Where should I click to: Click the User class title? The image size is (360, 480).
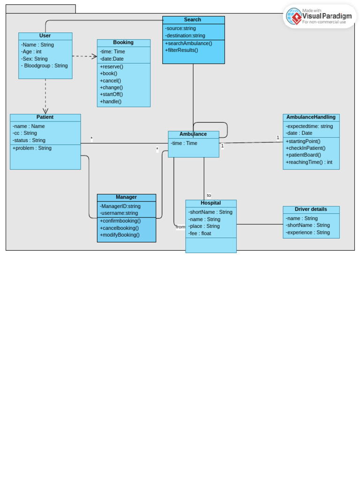[x=45, y=36]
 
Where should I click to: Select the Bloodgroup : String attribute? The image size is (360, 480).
[x=45, y=66]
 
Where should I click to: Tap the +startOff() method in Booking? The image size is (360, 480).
[x=111, y=94]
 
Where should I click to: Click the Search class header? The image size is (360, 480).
[x=193, y=20]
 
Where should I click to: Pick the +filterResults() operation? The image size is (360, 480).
[x=181, y=50]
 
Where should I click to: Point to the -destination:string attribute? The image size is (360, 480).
[x=185, y=36]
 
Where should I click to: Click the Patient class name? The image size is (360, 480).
[x=45, y=117]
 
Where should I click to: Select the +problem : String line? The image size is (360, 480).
[x=32, y=148]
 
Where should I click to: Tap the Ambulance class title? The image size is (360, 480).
[x=193, y=134]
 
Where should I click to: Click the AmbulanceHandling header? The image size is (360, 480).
[x=311, y=117]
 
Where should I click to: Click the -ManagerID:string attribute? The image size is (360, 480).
[x=120, y=206]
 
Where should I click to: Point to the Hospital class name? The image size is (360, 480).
[x=210, y=203]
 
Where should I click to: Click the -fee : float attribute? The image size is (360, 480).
[x=200, y=233]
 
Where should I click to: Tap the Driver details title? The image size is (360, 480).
[x=311, y=209]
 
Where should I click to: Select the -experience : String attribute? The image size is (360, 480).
[x=307, y=232]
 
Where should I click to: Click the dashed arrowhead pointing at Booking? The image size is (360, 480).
[x=95, y=56]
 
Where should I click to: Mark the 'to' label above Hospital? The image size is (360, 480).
[x=209, y=195]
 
